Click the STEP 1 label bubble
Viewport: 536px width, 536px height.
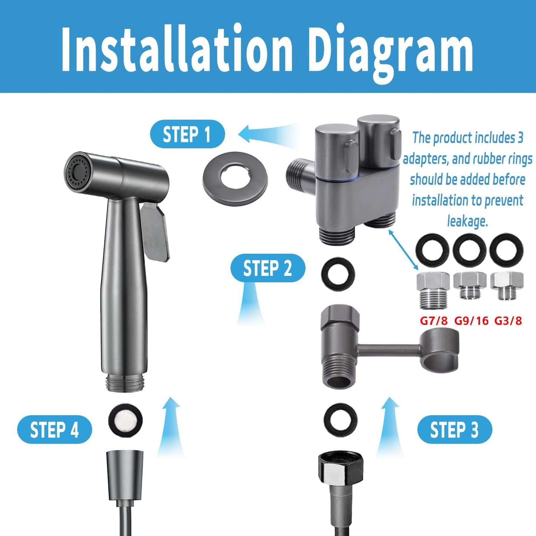pos(187,134)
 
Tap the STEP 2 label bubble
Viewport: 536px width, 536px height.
pos(267,268)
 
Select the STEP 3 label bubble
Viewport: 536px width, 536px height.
pos(454,430)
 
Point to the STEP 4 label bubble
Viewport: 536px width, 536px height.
pos(55,430)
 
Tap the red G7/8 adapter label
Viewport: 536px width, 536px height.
pos(434,320)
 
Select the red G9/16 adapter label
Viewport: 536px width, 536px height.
pos(471,320)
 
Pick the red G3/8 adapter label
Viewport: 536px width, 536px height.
pos(508,320)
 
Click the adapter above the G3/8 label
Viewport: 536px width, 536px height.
pos(507,286)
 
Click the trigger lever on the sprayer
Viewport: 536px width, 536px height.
pos(155,230)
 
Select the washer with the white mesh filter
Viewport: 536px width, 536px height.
pos(125,420)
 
